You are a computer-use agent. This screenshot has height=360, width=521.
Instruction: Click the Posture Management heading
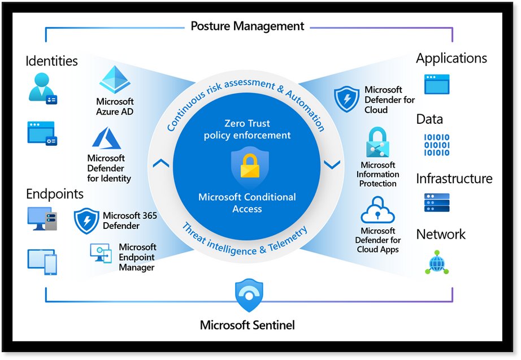pyautogui.click(x=247, y=26)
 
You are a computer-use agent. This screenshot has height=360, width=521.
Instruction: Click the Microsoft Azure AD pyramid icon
pyautogui.click(x=115, y=80)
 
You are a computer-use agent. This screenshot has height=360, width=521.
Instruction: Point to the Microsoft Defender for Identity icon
pyautogui.click(x=107, y=139)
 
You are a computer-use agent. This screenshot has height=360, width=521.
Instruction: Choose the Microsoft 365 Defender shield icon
pyautogui.click(x=86, y=221)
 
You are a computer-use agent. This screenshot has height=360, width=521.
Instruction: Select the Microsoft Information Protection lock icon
pyautogui.click(x=378, y=142)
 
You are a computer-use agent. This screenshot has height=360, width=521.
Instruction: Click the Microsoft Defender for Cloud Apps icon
pyautogui.click(x=377, y=210)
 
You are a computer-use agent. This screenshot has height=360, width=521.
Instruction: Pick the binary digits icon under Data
pyautogui.click(x=436, y=145)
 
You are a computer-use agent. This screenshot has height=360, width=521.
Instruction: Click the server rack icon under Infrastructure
pyautogui.click(x=436, y=202)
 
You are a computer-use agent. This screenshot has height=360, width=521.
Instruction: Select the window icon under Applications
pyautogui.click(x=437, y=84)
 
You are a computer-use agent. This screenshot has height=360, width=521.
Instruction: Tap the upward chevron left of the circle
pyautogui.click(x=161, y=164)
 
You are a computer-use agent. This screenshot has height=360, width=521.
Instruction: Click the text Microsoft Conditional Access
pyautogui.click(x=247, y=203)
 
